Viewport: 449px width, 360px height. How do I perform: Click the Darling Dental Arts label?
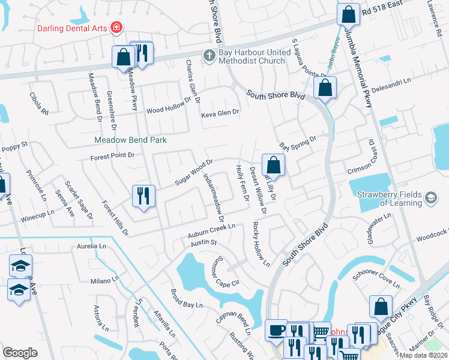72,28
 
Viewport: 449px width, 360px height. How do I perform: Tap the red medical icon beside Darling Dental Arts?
116,28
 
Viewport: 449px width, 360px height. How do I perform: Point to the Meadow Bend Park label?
130,140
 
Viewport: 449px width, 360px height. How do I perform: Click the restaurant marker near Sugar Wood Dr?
144,196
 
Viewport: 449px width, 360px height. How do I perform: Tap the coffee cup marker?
276,330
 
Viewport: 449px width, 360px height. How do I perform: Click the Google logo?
20,353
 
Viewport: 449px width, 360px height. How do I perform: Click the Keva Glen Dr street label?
220,113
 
